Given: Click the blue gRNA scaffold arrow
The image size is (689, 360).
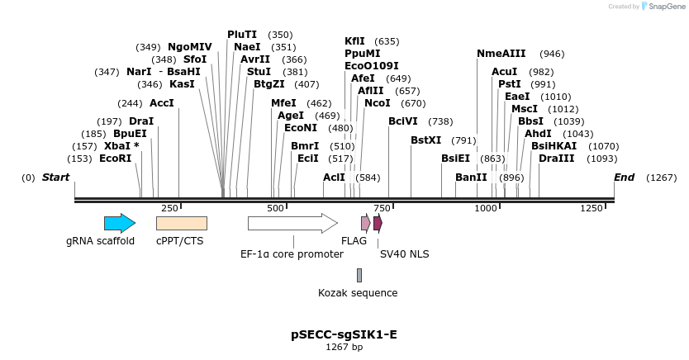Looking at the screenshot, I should click(x=119, y=223).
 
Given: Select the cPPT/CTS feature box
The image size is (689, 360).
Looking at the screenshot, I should click(x=181, y=223).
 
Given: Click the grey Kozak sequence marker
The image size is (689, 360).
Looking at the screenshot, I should click(x=359, y=275).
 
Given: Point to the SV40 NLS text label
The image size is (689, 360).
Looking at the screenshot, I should click(x=404, y=254).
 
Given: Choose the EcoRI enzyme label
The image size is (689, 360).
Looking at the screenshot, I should click(x=116, y=158).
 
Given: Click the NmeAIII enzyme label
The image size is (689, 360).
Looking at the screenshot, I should click(x=501, y=54).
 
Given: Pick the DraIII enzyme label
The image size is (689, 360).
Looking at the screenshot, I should click(x=556, y=158).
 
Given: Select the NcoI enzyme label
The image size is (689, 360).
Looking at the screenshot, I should click(x=378, y=103).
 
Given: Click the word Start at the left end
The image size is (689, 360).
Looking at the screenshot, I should click(x=55, y=178).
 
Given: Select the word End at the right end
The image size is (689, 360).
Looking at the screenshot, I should click(x=625, y=178).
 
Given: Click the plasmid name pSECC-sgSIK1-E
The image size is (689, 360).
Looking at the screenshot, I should click(x=344, y=334).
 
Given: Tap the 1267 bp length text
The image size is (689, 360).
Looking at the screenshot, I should click(x=344, y=348).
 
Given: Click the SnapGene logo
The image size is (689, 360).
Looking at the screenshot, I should click(x=661, y=7).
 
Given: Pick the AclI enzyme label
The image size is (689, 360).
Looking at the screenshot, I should click(x=334, y=178).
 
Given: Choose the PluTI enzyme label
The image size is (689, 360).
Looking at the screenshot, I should click(x=242, y=35).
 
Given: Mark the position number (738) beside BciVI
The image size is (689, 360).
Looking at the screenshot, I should click(x=440, y=121).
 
